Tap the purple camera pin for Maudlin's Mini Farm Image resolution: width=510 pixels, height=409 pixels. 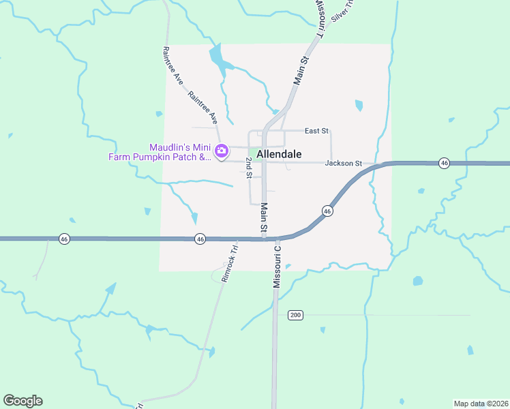click(221, 151)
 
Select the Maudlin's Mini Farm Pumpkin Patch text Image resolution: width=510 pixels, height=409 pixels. click(160, 152)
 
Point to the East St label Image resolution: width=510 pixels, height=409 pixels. click(316, 130)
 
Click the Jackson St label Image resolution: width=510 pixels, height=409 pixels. click(343, 163)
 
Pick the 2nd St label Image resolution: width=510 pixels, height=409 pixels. click(250, 168)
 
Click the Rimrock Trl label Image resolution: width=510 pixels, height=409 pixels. click(228, 263)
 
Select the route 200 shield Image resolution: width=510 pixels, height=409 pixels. click(295, 315)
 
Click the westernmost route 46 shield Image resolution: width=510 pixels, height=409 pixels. click(64, 239)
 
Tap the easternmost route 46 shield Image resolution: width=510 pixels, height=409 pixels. click(445, 163)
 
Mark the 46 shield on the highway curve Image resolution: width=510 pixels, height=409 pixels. click(328, 211)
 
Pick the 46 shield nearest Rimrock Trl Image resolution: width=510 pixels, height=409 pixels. click(200, 239)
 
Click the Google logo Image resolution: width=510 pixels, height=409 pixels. click(22, 401)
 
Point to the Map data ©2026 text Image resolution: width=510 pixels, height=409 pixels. click(480, 404)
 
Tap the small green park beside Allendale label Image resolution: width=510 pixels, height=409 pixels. click(254, 153)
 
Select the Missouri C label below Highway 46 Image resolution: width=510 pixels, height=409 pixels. click(277, 267)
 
